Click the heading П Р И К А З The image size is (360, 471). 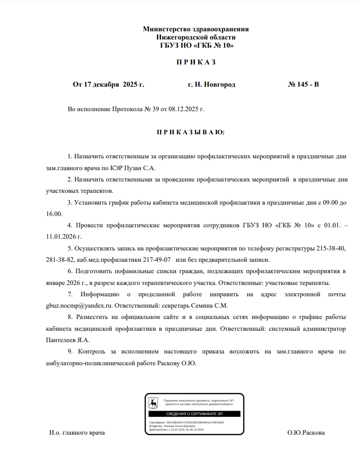[x=195, y=62]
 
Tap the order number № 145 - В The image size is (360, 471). [x=303, y=84]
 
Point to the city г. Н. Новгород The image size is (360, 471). [x=211, y=84]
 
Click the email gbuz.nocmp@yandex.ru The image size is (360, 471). [x=79, y=305]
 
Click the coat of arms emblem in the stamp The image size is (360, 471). [x=154, y=402]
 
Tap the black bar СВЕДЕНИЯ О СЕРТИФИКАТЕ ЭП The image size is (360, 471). [x=194, y=414]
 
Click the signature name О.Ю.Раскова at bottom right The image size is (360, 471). [x=306, y=433]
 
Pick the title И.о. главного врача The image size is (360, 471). [x=77, y=433]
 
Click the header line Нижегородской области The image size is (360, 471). [x=195, y=37]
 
